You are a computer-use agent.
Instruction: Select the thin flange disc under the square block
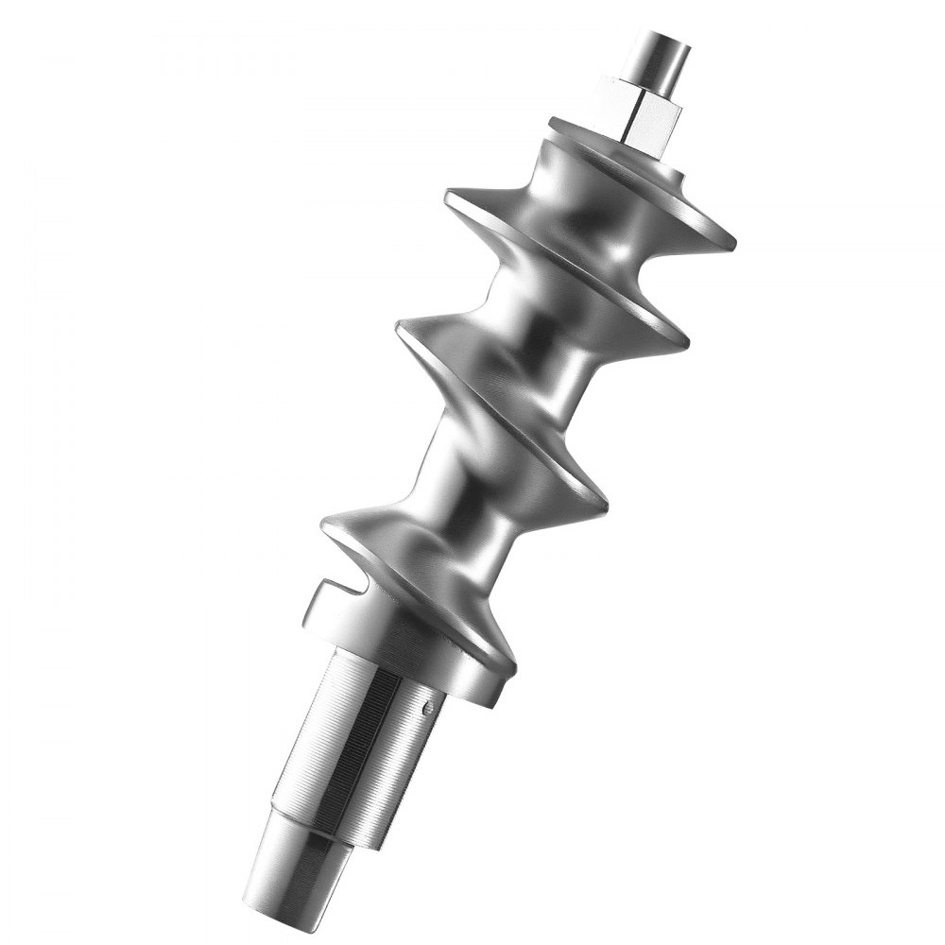point(605,142)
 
